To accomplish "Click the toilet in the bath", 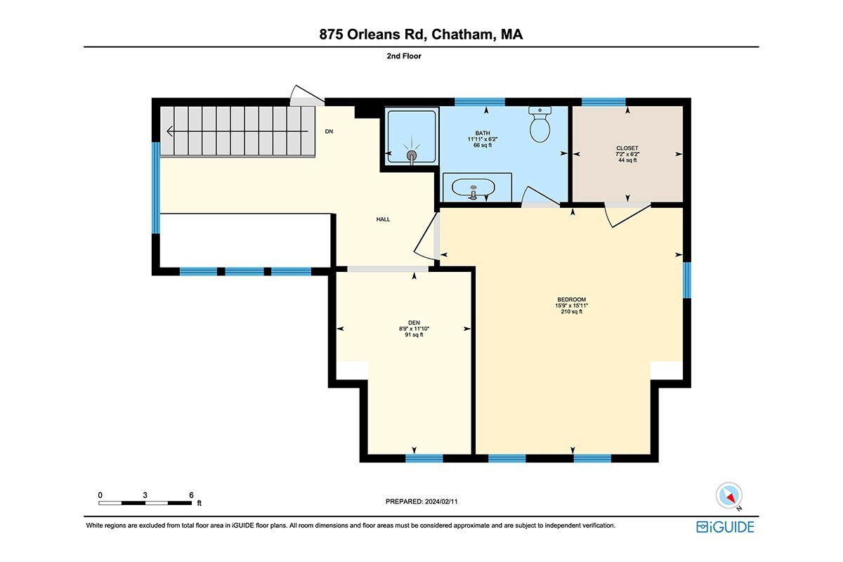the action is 540,124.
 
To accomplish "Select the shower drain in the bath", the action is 412,155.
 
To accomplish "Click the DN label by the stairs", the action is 329,131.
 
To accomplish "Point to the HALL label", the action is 383,219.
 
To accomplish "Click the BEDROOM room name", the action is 571,300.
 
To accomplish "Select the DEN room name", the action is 414,322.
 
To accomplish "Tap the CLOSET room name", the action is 627,148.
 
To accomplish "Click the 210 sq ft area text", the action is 571,312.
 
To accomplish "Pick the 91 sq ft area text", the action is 414,334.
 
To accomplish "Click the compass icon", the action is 729,496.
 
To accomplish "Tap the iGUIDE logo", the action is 725,527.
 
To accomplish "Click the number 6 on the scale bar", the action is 191,495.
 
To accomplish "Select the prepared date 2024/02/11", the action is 441,502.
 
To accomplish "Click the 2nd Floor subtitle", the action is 404,56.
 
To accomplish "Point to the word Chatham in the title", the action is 462,34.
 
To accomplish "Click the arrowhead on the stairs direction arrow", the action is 170,131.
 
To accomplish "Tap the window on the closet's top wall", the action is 603,102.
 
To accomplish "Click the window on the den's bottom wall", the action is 424,458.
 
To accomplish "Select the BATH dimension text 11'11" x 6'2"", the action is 483,139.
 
